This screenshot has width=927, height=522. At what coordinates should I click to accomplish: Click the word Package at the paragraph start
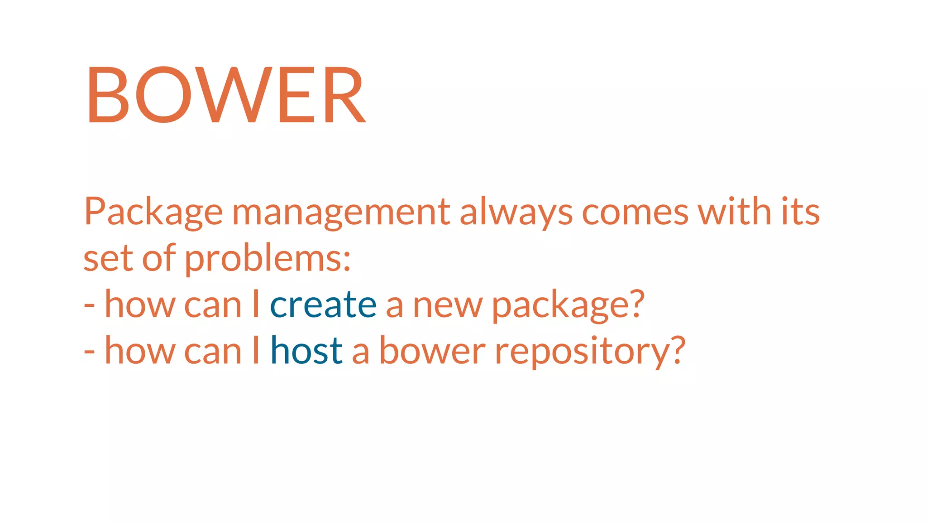(x=153, y=212)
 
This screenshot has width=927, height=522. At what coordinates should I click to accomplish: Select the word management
(x=341, y=212)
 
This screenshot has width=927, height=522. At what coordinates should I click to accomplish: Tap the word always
(x=516, y=212)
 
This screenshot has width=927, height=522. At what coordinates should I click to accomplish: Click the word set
(x=108, y=259)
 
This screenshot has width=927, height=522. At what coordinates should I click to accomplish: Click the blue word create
(x=323, y=305)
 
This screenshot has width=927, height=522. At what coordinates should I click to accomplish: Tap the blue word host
(x=306, y=351)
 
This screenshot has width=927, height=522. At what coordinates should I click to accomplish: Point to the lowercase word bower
(x=432, y=351)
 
